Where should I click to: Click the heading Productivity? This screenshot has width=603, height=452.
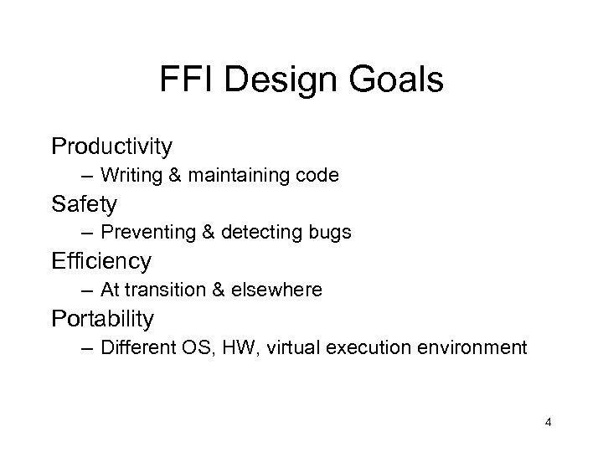point(111,146)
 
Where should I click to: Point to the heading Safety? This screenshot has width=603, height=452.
point(83,203)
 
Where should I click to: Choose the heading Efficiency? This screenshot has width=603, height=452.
point(101,261)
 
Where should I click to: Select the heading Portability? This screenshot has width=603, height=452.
point(102,318)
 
